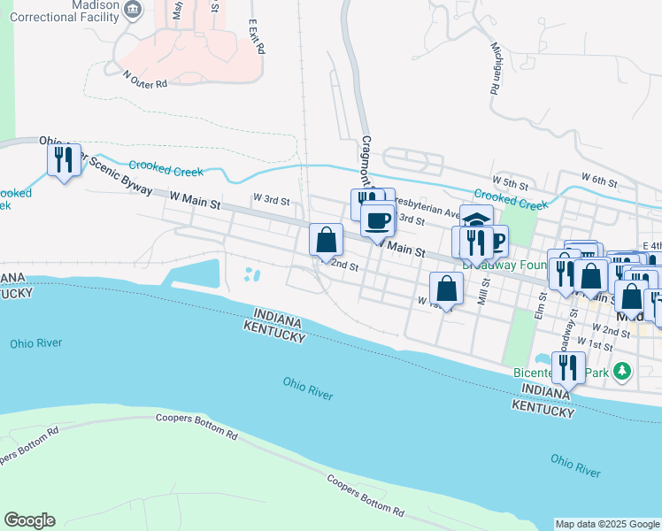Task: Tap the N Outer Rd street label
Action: point(145,81)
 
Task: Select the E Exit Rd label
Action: point(257,37)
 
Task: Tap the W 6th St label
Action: point(599,181)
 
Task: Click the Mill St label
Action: point(483,293)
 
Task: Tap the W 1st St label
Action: point(594,341)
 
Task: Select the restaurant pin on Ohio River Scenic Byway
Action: point(64,160)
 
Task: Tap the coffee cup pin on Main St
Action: point(378,220)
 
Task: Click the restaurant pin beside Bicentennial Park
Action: point(568,367)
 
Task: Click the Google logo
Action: point(29,520)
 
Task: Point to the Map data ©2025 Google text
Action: point(606,524)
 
